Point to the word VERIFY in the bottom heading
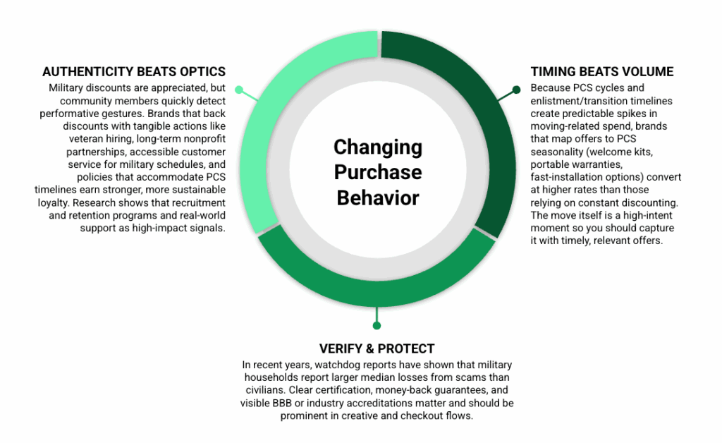click(x=341, y=349)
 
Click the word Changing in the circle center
click(x=378, y=148)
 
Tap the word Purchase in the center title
click(x=378, y=172)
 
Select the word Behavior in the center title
click(x=378, y=198)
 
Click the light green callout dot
click(x=239, y=90)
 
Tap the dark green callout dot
click(x=516, y=90)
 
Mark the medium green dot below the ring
click(x=377, y=326)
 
